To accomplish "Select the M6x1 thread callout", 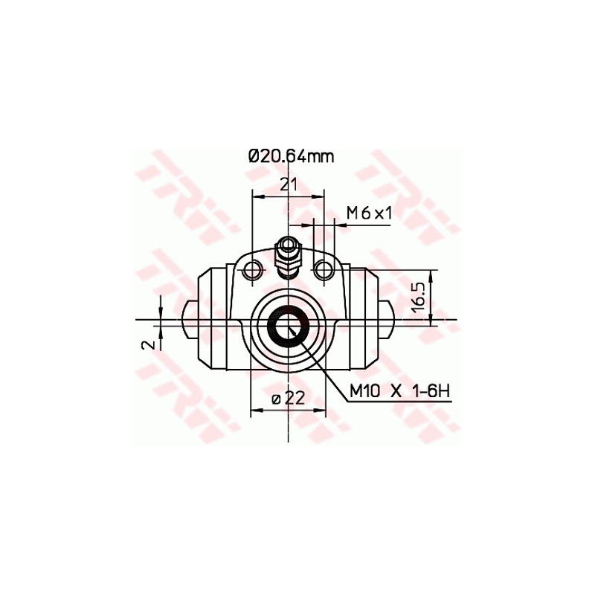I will (369, 213).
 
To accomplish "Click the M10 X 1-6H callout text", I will (400, 390).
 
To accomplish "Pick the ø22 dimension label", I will (289, 399).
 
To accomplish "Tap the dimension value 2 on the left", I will (149, 344).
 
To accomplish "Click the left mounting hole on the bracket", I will (254, 268).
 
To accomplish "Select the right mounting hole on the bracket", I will (324, 268).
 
